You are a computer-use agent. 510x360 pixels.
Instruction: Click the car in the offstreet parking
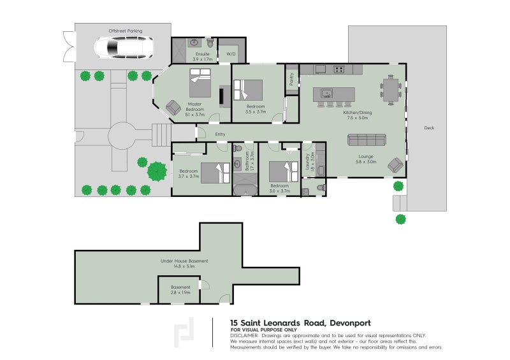[x=122, y=47]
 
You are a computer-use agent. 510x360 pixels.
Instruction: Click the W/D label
[x=231, y=54]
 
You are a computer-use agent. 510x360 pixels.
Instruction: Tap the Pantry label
[x=291, y=79]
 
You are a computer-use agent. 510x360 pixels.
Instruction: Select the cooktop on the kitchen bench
[x=339, y=69]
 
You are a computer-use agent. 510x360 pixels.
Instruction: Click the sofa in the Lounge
[x=366, y=140]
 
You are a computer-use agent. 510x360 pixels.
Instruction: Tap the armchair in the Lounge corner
[x=395, y=166]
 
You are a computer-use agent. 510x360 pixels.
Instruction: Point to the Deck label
[x=428, y=128]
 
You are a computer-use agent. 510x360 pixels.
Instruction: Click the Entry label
[x=221, y=134]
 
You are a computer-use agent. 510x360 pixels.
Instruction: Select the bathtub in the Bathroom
[x=244, y=190]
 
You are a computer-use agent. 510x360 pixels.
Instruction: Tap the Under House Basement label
[x=184, y=263]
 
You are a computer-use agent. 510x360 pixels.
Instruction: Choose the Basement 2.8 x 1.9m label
[x=180, y=290]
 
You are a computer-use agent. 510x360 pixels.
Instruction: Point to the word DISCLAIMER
[x=244, y=335]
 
